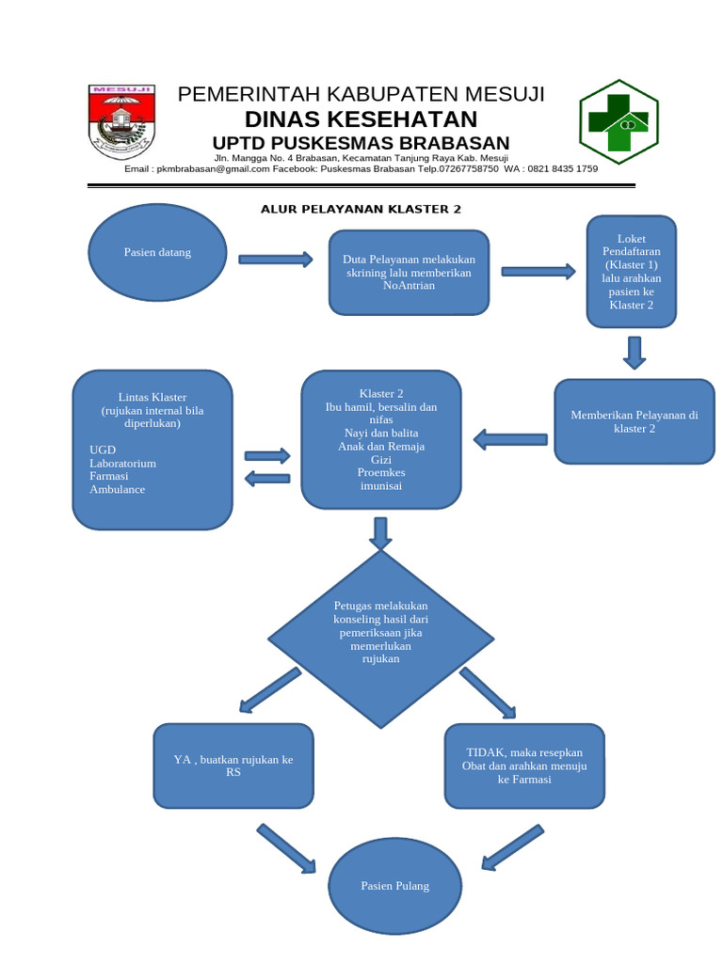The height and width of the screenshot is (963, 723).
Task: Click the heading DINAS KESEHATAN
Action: point(361,119)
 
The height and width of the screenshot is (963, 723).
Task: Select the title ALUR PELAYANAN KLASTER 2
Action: point(361,209)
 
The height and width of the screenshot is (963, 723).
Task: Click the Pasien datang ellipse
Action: point(156,253)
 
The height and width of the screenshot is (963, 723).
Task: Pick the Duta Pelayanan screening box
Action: point(409,273)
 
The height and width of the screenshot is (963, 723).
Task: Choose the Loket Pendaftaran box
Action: point(631,272)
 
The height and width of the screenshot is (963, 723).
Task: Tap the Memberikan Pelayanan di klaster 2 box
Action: point(634,421)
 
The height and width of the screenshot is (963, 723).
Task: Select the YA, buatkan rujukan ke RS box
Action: point(233,766)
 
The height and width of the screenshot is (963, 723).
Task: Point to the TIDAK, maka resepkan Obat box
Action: point(524,766)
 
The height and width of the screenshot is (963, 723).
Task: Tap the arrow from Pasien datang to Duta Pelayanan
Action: point(275,260)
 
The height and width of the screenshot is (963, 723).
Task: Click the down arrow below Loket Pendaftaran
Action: point(634,351)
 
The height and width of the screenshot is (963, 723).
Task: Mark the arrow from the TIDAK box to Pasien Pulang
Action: point(512,845)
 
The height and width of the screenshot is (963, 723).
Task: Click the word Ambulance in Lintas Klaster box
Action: point(118,489)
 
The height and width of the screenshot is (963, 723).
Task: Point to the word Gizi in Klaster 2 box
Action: point(381,459)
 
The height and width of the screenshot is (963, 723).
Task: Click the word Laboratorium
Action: point(123,464)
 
